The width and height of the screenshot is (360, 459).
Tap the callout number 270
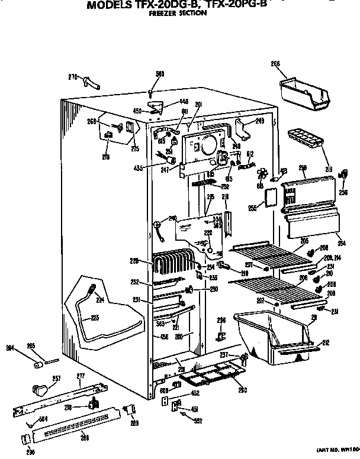[73, 77]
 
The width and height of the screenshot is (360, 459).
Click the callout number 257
[40, 378]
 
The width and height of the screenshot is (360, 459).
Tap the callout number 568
[159, 74]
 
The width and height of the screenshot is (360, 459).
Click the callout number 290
[23, 452]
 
